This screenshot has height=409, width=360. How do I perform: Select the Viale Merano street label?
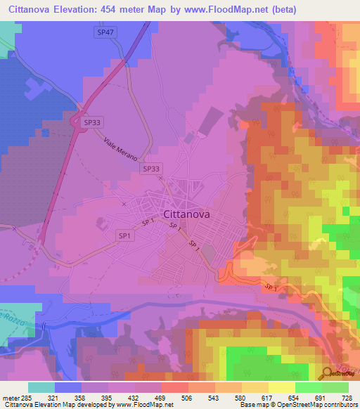(x=121, y=149)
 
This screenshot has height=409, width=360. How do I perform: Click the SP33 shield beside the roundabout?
(x=92, y=122)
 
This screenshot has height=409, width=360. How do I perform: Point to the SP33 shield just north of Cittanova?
(x=150, y=169)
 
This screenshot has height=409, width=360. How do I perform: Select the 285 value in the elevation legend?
(x=28, y=397)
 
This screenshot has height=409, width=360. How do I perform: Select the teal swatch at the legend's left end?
(x=41, y=387)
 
